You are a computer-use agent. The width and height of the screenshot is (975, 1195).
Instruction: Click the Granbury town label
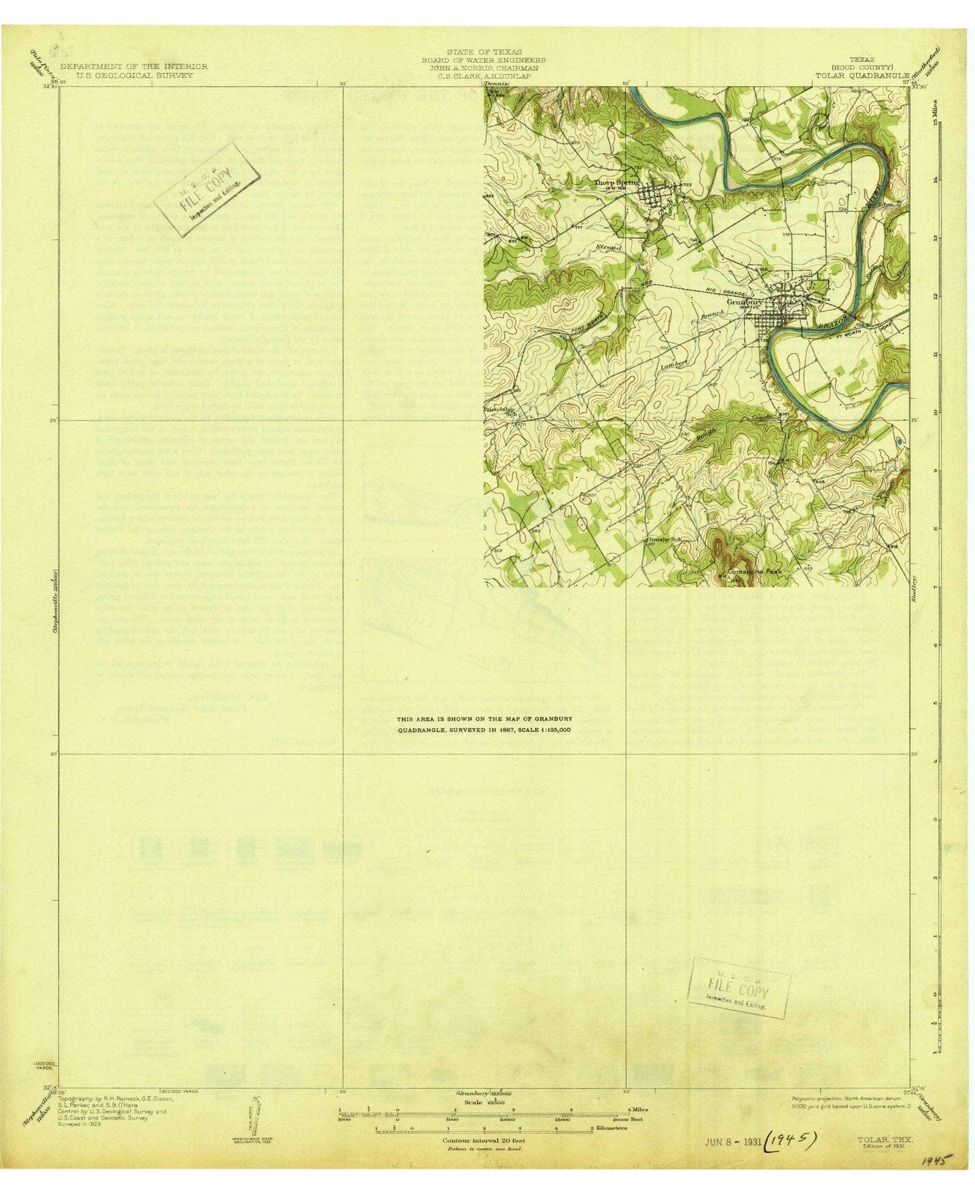click(747, 302)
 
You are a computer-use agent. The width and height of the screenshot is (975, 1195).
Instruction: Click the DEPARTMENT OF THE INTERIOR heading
click(134, 66)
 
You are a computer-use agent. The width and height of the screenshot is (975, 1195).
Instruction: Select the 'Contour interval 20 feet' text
click(483, 1141)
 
